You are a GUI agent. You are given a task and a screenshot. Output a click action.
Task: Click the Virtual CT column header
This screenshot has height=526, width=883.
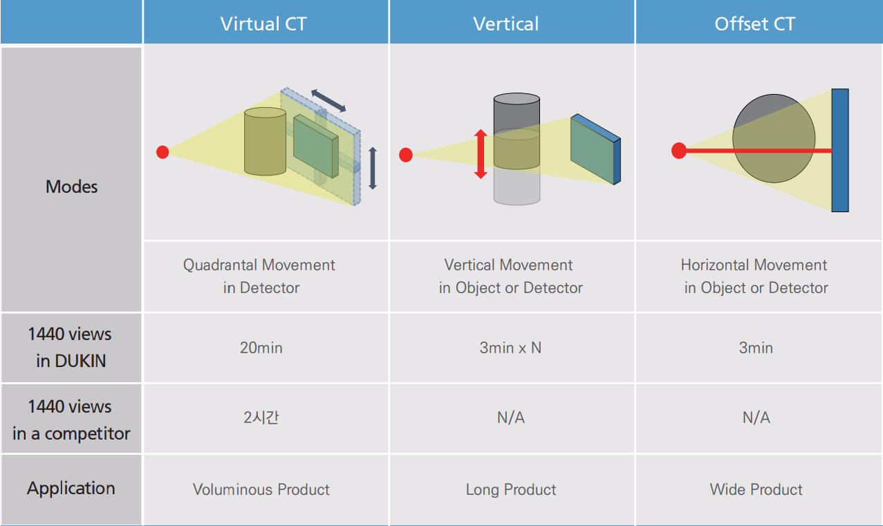[263, 24]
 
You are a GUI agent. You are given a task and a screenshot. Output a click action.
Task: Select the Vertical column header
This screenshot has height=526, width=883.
[505, 24]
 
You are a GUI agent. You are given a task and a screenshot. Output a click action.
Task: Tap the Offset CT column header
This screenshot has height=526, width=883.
[755, 24]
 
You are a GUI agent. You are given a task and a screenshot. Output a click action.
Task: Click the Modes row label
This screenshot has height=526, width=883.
[71, 187]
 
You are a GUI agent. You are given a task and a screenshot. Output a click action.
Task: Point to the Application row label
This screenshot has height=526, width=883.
[71, 489]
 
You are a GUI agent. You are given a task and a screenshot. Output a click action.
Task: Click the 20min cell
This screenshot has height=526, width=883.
[261, 348]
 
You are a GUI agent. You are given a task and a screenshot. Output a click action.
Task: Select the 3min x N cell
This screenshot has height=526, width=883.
[510, 348]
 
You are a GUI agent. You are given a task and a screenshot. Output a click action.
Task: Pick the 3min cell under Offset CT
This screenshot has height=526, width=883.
[756, 348]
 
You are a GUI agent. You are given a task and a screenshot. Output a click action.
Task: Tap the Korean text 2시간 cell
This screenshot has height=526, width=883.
[261, 417]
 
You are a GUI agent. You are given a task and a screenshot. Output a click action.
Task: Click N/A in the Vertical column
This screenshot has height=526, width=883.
[511, 417]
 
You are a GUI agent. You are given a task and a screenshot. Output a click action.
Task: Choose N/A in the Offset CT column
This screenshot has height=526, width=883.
[756, 417]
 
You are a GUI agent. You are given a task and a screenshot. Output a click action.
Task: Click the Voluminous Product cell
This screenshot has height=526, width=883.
[261, 489]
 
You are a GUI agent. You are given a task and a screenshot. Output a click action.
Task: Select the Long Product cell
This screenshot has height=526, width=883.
[511, 489]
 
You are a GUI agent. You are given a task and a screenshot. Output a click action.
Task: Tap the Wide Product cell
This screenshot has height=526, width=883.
[756, 489]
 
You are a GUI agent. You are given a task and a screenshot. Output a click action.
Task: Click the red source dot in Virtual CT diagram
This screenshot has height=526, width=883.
[162, 152]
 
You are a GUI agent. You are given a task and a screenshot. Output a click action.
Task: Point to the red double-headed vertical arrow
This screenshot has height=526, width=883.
[481, 154]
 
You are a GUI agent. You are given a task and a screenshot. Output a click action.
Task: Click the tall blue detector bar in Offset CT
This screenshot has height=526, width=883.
[840, 150]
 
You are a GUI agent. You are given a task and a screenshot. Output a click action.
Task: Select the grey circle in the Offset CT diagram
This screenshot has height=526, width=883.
[774, 138]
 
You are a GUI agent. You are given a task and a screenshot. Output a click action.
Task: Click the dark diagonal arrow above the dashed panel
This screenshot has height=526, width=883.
[328, 100]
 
